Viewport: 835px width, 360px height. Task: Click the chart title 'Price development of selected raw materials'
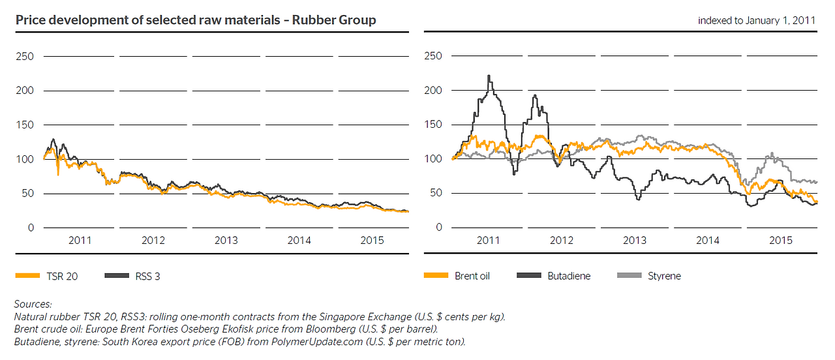click(x=195, y=20)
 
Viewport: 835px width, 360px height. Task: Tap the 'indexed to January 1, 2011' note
click(x=757, y=21)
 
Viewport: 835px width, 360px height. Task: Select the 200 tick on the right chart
click(x=433, y=90)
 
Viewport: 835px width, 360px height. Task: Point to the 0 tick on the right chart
click(x=438, y=227)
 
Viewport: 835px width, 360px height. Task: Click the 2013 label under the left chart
click(x=226, y=241)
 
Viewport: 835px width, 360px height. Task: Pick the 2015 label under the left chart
click(x=372, y=241)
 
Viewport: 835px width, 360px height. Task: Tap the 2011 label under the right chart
click(x=488, y=241)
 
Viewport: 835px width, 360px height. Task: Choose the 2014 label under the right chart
click(x=707, y=241)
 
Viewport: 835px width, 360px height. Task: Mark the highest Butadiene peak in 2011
click(x=489, y=76)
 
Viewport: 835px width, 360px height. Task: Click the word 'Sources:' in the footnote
click(x=33, y=305)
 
